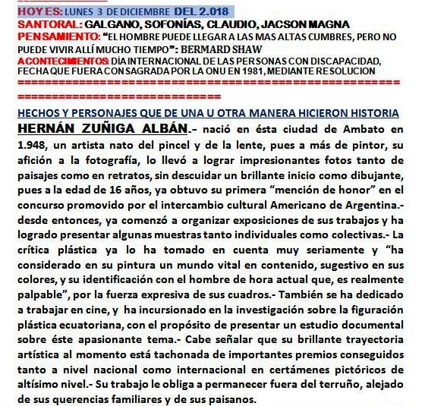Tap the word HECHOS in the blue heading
(x=37, y=114)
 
